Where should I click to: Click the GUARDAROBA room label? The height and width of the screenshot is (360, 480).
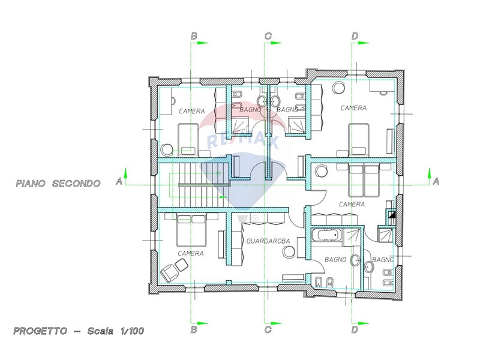(x=268, y=241)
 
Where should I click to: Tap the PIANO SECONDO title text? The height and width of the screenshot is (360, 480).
(x=58, y=184)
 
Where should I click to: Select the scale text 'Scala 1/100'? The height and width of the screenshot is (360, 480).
(x=116, y=331)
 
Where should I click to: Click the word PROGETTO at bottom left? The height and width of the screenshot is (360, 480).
(x=40, y=331)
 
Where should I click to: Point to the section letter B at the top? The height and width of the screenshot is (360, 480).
(x=194, y=37)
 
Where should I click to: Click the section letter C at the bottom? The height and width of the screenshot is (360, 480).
(x=268, y=329)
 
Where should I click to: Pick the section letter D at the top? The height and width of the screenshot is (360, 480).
(x=355, y=36)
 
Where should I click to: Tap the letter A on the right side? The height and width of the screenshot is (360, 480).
(x=436, y=182)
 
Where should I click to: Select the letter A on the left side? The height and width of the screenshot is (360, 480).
(x=119, y=182)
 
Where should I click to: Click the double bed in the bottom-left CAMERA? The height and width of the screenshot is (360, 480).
(x=191, y=230)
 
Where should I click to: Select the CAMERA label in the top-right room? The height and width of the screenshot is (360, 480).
(x=353, y=108)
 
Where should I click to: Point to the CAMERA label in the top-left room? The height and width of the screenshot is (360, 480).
(x=192, y=111)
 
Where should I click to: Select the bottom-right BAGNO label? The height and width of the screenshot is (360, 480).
(x=383, y=260)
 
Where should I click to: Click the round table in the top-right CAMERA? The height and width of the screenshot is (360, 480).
(x=339, y=88)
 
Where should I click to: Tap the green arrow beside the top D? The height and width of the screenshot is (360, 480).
(x=364, y=43)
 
